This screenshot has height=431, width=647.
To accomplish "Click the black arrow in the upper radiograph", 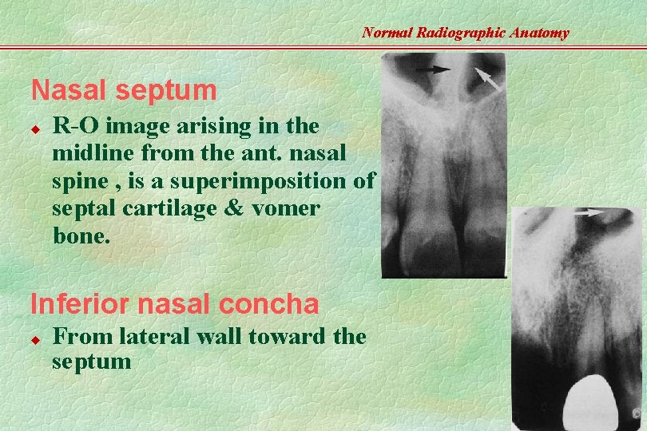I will coord(432,70).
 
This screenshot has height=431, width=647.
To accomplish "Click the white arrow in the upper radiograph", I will coord(489,77).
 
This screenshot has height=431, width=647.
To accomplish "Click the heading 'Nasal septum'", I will coord(123,90).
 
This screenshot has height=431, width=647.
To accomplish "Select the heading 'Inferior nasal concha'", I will coord(174,303).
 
